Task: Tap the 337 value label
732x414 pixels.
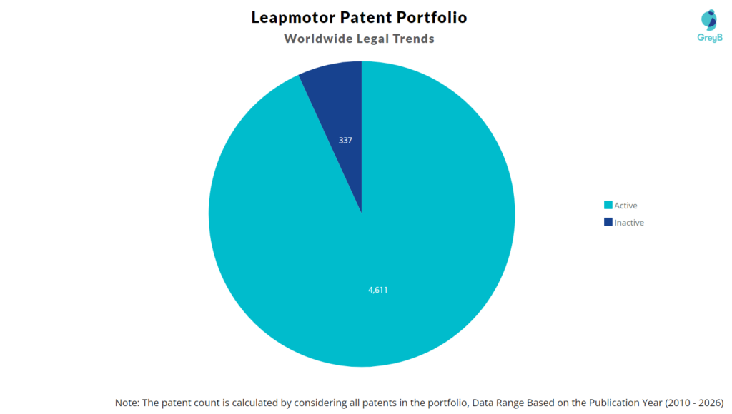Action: (345, 141)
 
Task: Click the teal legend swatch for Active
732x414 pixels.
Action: (608, 206)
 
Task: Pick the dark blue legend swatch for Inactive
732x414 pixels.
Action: (608, 223)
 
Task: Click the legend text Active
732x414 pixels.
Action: (625, 206)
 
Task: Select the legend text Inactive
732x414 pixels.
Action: (629, 223)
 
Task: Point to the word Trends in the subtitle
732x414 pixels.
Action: (411, 39)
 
